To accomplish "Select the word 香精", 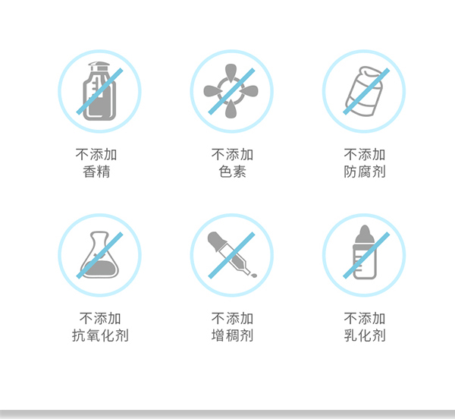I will click(100, 172).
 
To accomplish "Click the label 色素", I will click(231, 172).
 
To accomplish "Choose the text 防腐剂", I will click(364, 172).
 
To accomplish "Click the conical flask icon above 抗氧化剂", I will click(100, 255).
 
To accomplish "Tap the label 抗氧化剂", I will click(100, 336).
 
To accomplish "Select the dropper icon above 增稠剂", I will click(231, 255).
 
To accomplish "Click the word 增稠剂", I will click(231, 336).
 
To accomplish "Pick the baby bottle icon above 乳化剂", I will click(364, 255).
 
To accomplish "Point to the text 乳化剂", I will click(364, 336).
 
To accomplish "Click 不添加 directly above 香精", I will click(100, 155).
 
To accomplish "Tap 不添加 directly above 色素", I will click(231, 155).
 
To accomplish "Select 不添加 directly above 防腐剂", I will click(364, 155).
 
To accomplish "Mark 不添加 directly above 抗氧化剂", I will click(100, 318).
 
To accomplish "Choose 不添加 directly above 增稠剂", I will click(231, 318).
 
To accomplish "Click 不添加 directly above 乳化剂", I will click(364, 318).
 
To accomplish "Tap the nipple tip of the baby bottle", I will click(365, 230).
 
